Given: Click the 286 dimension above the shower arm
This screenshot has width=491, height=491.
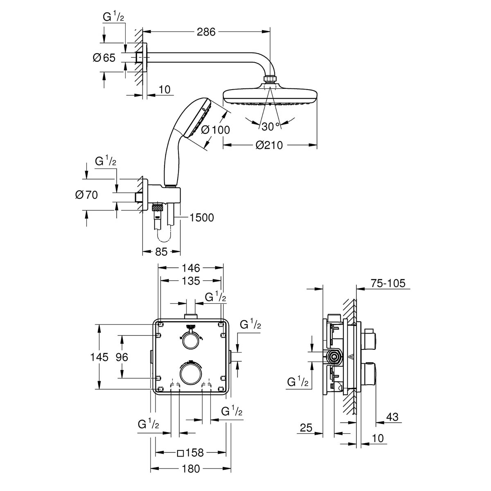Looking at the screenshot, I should coord(206,32).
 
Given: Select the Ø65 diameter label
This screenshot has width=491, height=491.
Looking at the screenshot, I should coord(104,58).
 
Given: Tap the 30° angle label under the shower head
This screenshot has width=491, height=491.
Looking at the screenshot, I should coord(270,126).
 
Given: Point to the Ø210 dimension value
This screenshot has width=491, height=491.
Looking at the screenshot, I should coord(269,145).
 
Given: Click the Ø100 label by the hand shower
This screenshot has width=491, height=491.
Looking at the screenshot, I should coord(216,130).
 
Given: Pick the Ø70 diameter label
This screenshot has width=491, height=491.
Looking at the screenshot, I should coord(87,195).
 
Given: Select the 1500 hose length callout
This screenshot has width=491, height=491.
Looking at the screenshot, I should coord(202,217).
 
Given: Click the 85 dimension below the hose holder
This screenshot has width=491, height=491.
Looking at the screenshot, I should coord(162,252).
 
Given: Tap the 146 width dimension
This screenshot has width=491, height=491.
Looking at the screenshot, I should coord(191,268).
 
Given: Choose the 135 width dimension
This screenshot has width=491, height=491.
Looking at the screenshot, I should coord(191,281).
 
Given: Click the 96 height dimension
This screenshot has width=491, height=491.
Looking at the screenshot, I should coord(122,357).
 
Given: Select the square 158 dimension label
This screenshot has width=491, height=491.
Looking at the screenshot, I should coord(191,453).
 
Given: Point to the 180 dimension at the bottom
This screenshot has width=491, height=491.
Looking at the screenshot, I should coord(191,468).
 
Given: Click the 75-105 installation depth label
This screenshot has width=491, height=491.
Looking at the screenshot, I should coord(387,283).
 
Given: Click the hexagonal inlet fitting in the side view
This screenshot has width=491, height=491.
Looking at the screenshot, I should coord(335,357).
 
